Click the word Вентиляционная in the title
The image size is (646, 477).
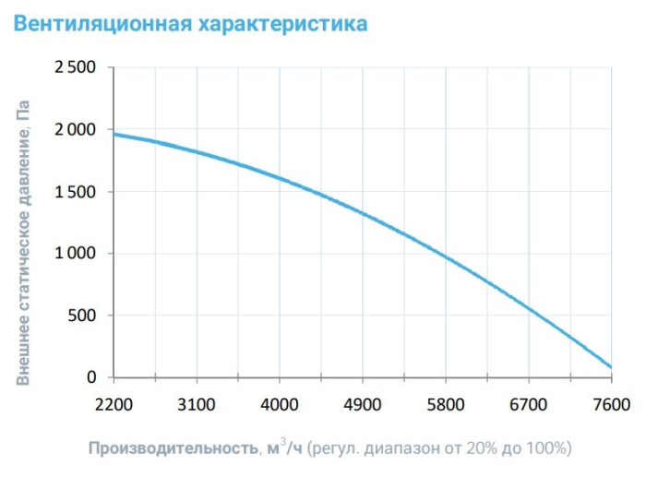click(x=102, y=23)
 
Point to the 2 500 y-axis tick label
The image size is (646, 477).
click(x=75, y=68)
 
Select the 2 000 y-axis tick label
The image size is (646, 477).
click(x=75, y=130)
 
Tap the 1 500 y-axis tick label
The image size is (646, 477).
click(x=75, y=192)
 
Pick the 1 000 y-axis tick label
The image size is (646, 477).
click(x=75, y=254)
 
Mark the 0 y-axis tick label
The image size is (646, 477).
click(x=91, y=377)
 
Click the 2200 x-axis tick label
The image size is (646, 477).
click(x=114, y=403)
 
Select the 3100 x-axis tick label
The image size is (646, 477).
click(x=197, y=403)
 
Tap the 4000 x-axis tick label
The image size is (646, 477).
click(x=280, y=403)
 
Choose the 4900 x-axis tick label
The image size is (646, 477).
click(x=363, y=403)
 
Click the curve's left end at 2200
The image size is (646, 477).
click(x=114, y=134)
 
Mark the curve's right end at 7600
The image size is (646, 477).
click(x=611, y=367)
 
